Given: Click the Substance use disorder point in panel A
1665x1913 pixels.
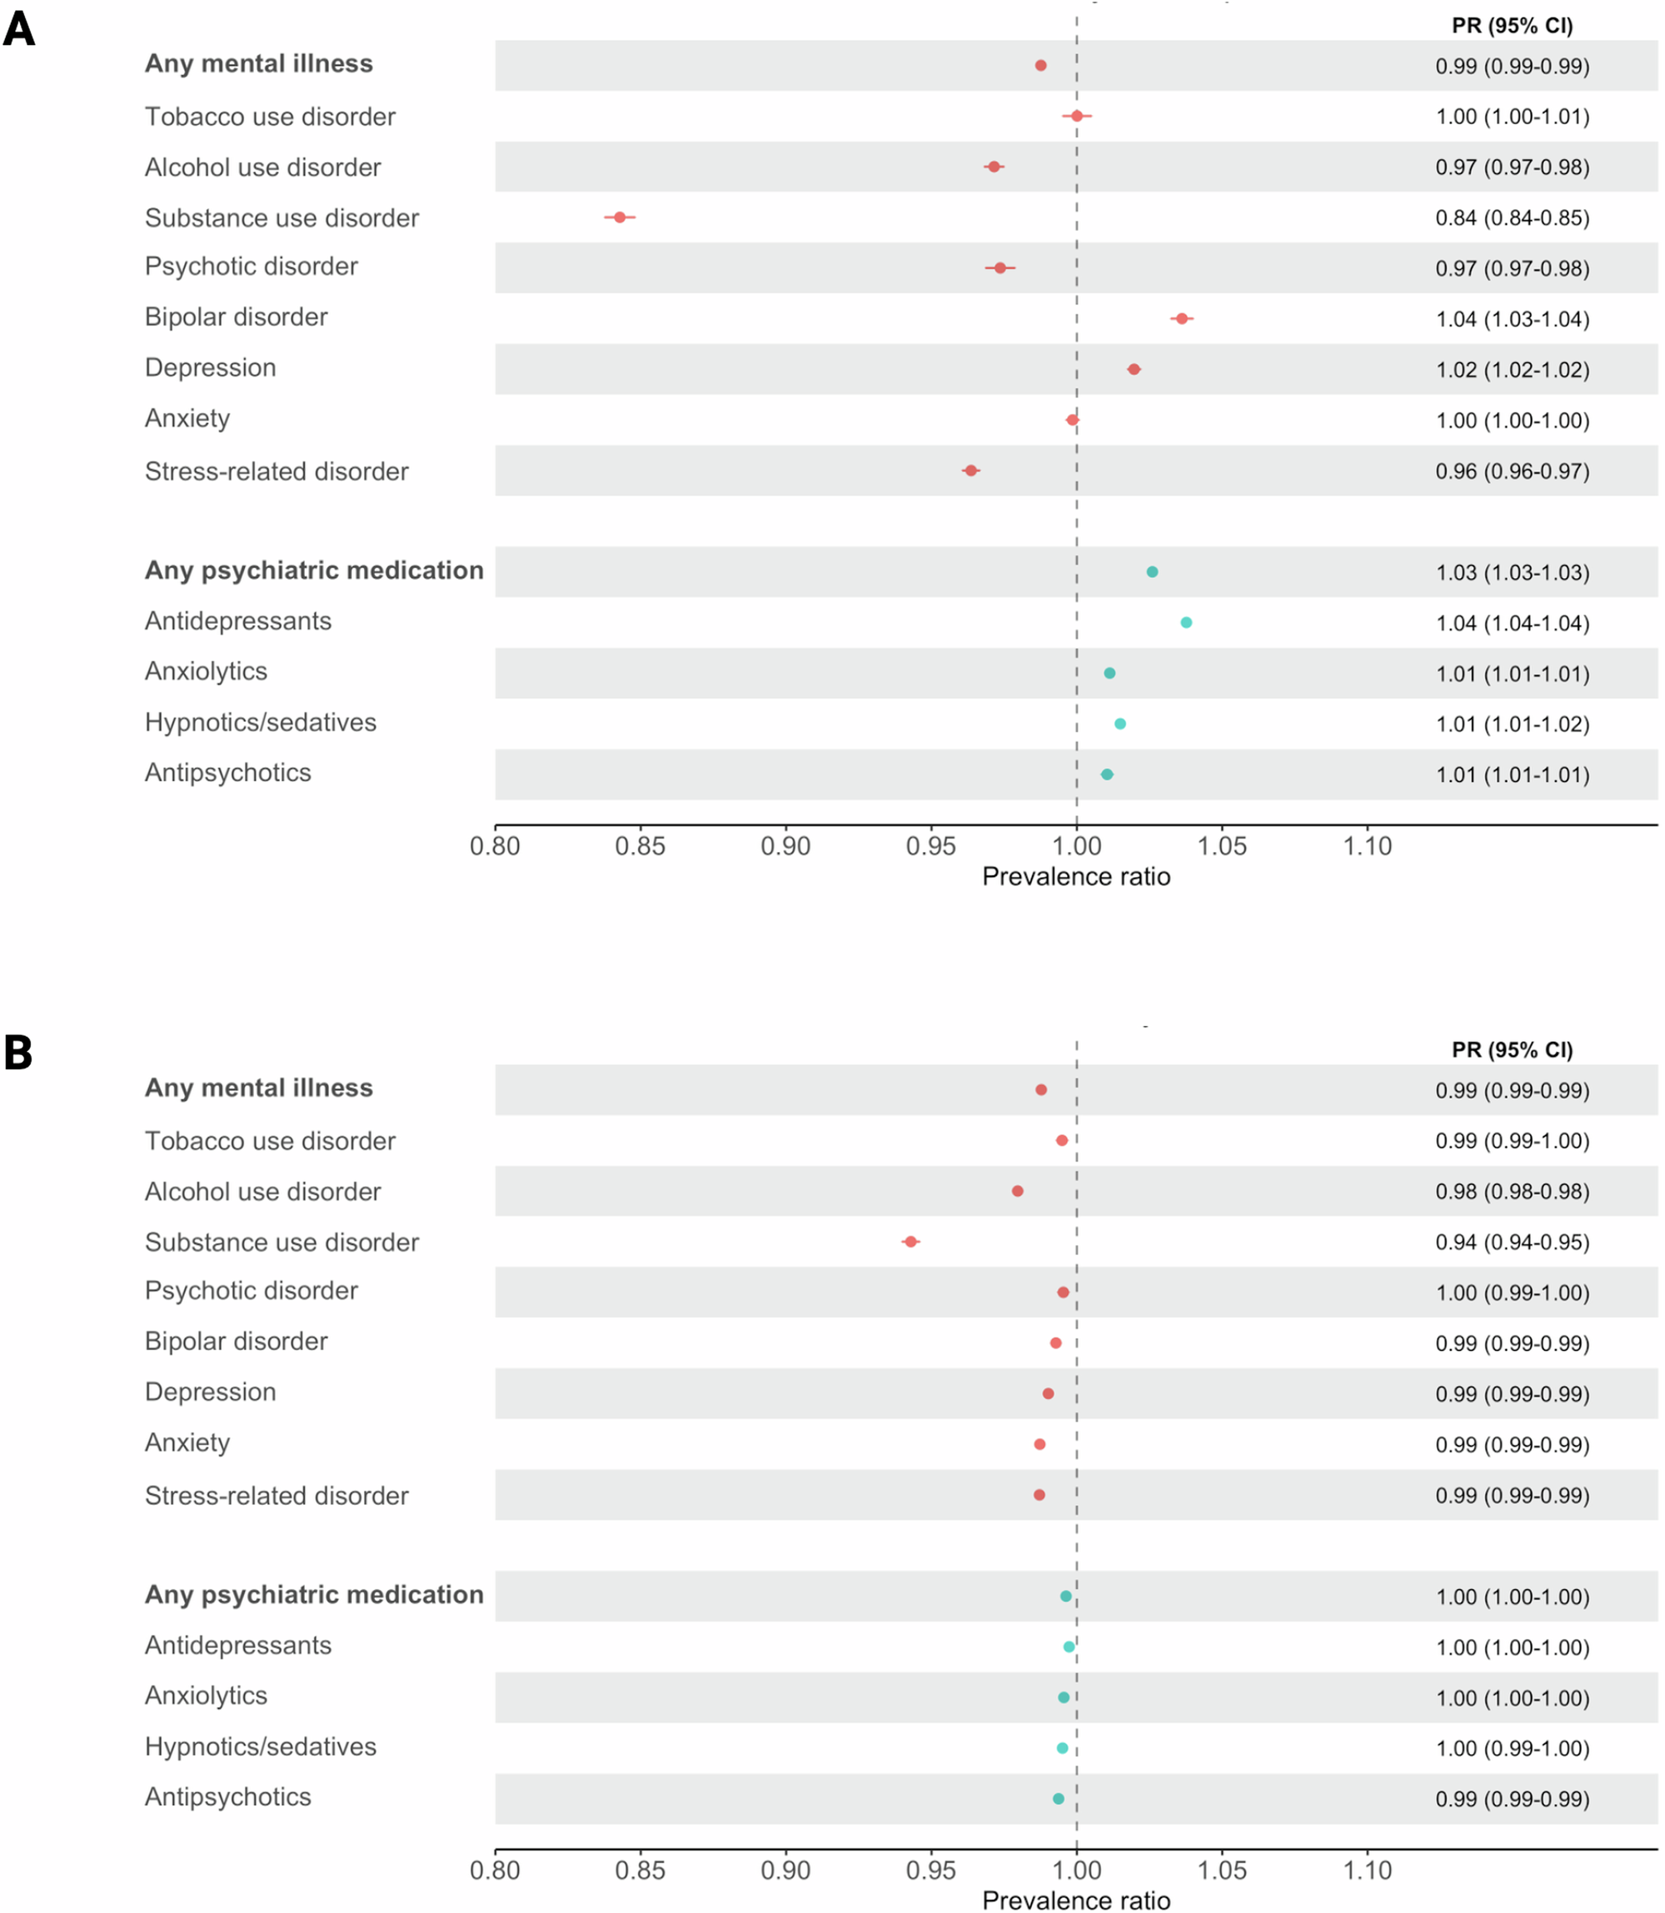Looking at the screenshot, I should point(620,217).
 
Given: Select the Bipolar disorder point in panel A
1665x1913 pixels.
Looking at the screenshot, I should point(1181,319).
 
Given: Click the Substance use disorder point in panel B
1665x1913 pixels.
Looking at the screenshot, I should point(910,1243).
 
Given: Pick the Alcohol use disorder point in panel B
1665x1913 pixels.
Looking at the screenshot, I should point(1017,1191).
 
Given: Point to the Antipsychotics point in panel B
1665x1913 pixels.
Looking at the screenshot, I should point(1057,1799).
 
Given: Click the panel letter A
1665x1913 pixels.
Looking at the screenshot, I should point(18,29).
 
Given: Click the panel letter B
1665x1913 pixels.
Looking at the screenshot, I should point(18,1053).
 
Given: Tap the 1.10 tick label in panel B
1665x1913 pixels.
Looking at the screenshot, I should point(1367,1871).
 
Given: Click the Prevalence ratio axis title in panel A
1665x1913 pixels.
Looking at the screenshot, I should point(1075,877).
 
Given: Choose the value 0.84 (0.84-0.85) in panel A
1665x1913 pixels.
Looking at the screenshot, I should point(1512,218).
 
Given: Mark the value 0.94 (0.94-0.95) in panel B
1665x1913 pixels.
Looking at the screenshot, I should point(1512,1243).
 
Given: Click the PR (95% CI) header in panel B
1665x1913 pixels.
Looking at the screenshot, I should point(1512,1050).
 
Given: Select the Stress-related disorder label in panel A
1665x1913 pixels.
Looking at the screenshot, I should point(276,472).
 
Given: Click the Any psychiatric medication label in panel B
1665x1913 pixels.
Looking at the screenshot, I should point(313,1595).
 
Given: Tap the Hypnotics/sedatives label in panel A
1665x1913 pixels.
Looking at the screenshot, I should point(260,723).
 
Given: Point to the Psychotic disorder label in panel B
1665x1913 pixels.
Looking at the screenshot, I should point(251,1291).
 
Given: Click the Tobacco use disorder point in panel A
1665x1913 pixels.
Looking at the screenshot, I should point(1076,116).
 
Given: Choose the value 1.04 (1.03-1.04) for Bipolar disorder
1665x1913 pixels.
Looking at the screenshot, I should point(1512,320).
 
